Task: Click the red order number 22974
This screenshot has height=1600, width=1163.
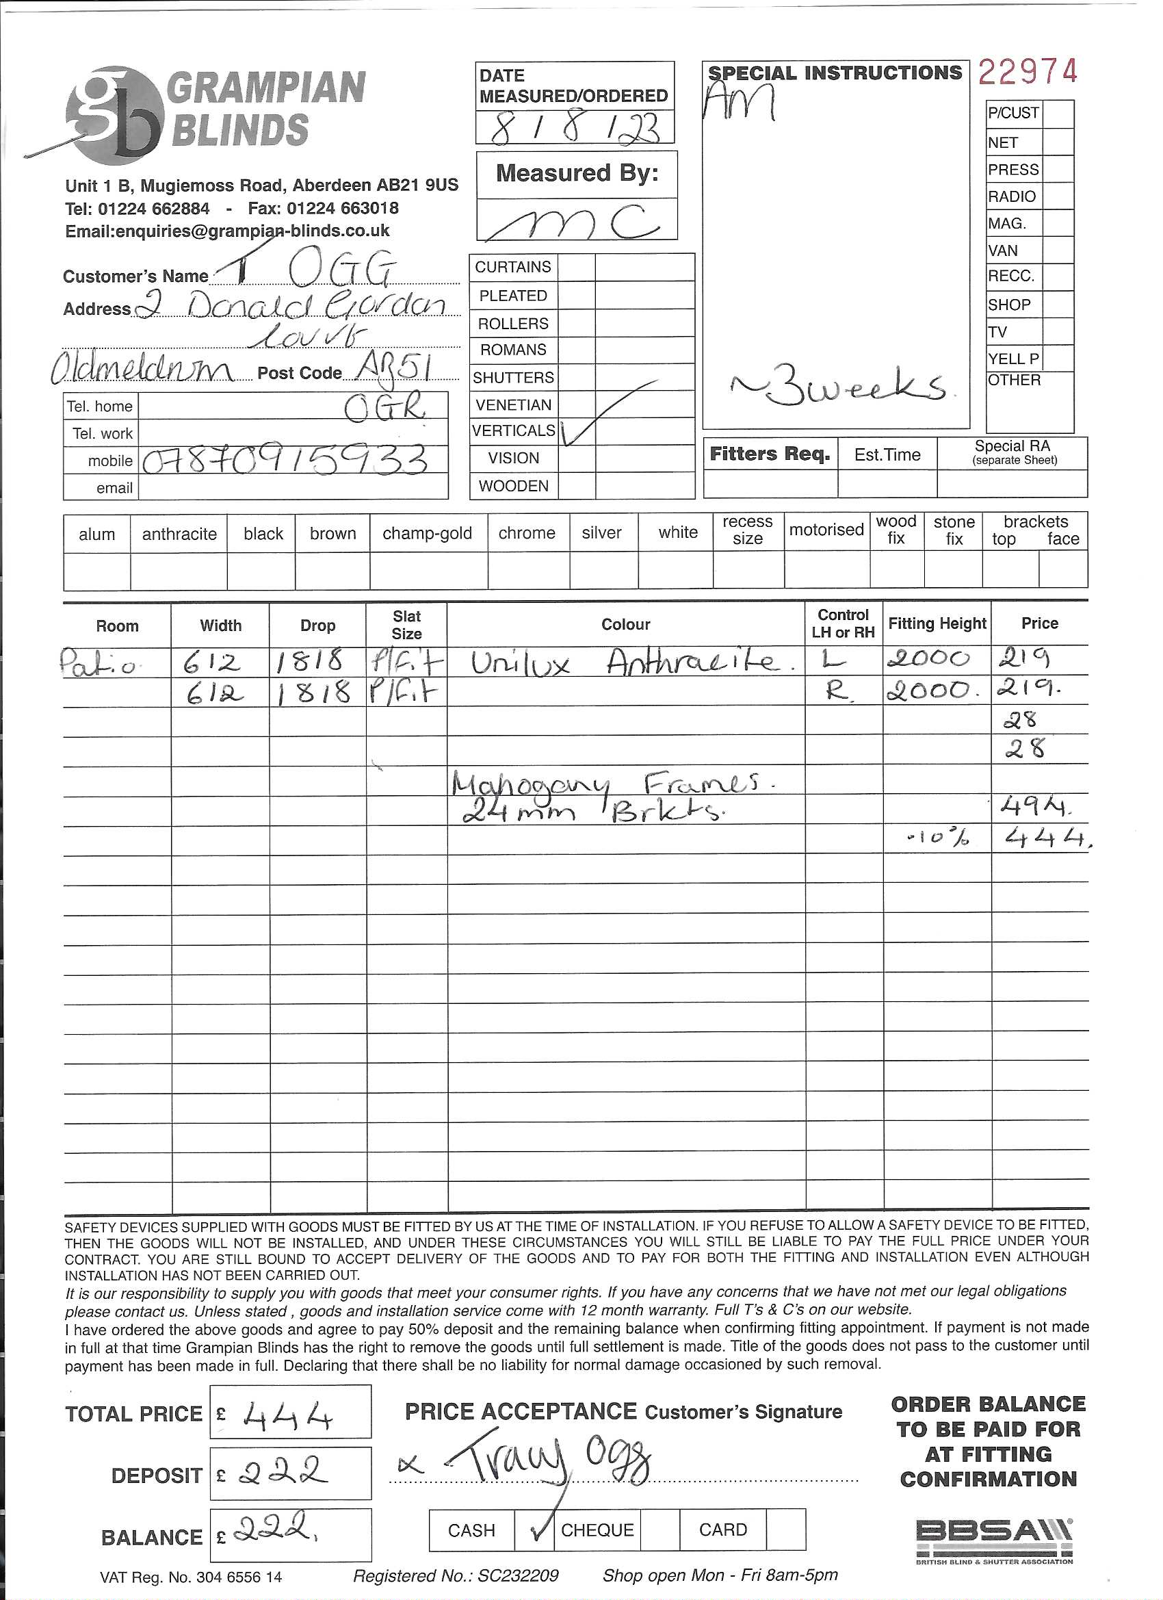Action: click(x=1028, y=72)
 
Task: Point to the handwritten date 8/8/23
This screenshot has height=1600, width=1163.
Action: click(x=575, y=129)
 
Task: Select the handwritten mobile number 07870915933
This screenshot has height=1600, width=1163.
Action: click(x=286, y=461)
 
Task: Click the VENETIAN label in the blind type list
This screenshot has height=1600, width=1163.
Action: click(x=514, y=405)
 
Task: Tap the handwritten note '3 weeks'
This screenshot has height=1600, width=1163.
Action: click(x=839, y=387)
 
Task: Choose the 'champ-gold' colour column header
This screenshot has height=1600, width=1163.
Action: click(x=428, y=533)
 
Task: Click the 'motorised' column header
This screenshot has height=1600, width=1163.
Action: click(x=826, y=530)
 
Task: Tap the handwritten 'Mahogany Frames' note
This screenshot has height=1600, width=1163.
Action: click(x=606, y=784)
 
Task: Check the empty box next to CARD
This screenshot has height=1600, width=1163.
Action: click(x=785, y=1530)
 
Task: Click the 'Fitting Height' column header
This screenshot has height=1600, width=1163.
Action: click(x=937, y=623)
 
